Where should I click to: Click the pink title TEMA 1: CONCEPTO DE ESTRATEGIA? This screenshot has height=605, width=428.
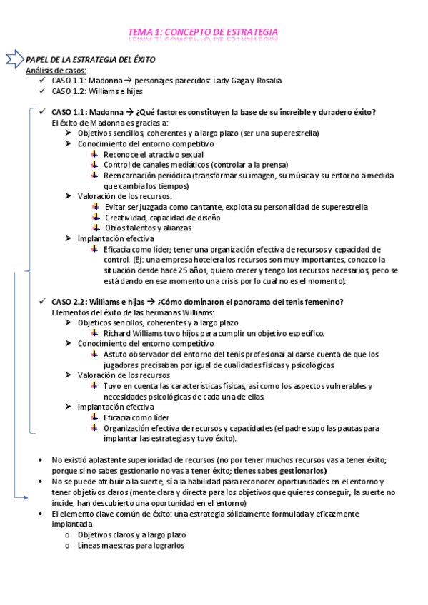tap(203, 33)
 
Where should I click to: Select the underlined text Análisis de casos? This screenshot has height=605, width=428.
tap(56, 71)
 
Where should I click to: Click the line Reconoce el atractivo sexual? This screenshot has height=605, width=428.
tap(153, 154)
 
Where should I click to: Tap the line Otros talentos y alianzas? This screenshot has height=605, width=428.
tap(148, 228)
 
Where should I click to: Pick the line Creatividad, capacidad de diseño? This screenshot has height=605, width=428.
tap(162, 218)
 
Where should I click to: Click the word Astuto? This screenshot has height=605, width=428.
tap(116, 354)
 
